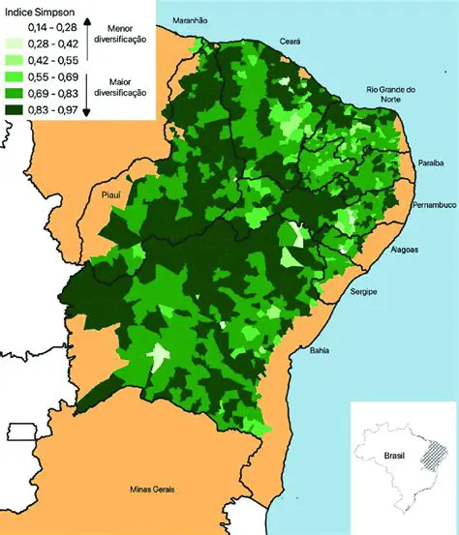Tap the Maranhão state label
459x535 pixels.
pos(191,20)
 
